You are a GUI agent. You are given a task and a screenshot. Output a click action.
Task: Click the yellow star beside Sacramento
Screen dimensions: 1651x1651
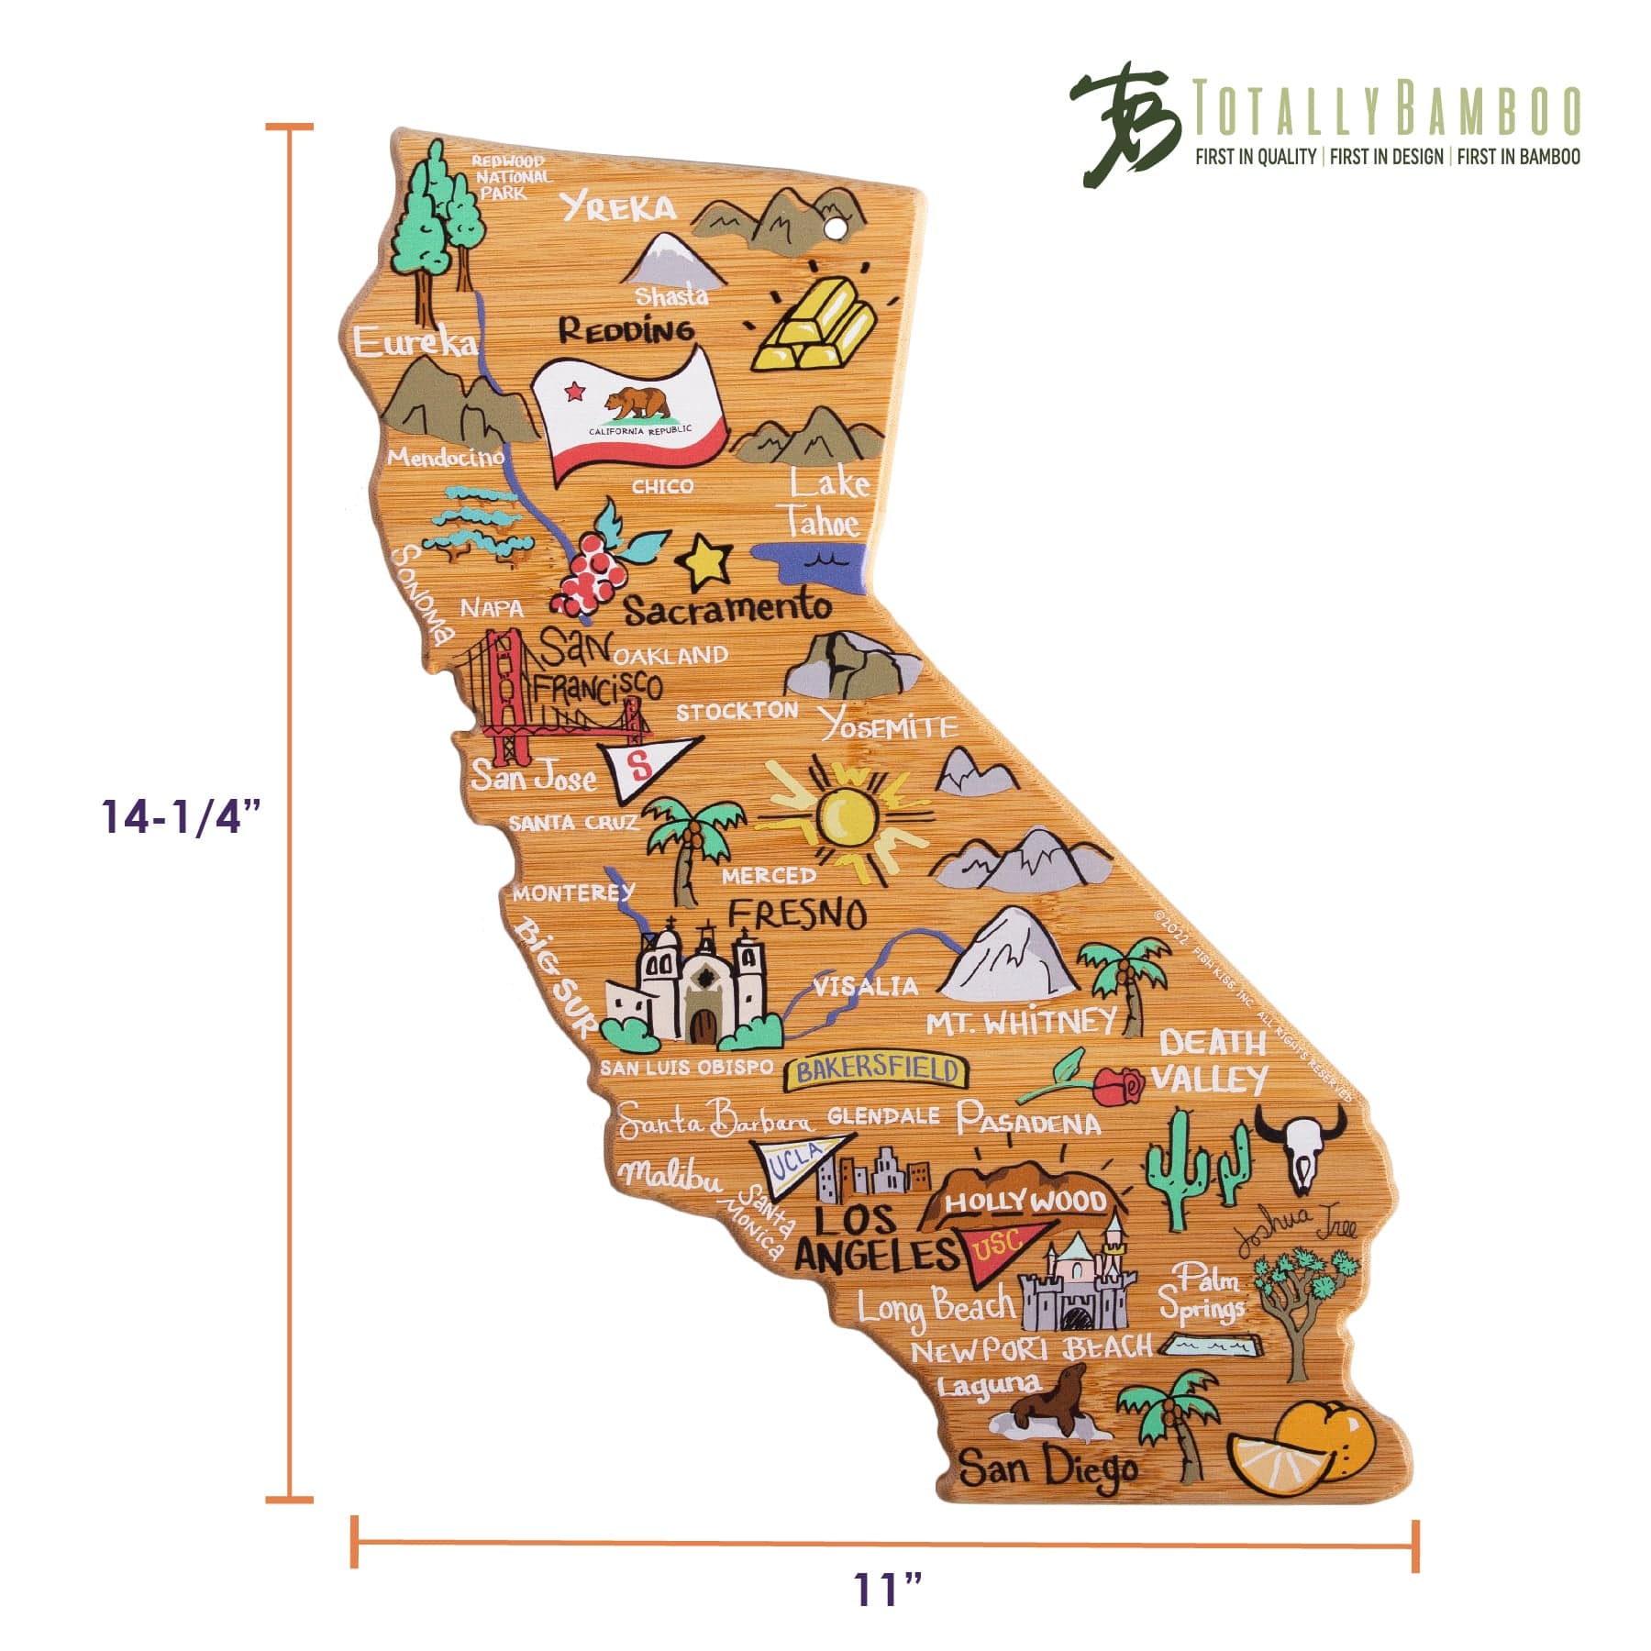pyautogui.click(x=704, y=562)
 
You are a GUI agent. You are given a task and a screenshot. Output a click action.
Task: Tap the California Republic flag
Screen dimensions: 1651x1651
pyautogui.click(x=630, y=415)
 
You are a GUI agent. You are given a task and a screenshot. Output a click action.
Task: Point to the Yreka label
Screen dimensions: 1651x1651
pyautogui.click(x=619, y=208)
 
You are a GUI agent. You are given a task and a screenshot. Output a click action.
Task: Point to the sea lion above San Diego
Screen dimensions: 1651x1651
pyautogui.click(x=1048, y=1413)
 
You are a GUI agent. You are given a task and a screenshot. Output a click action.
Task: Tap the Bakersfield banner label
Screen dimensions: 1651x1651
pyautogui.click(x=878, y=1070)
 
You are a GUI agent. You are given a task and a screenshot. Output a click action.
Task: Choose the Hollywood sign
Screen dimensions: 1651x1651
pyautogui.click(x=1025, y=1202)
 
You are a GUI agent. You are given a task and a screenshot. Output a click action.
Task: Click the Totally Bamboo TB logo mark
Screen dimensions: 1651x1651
pyautogui.click(x=1125, y=128)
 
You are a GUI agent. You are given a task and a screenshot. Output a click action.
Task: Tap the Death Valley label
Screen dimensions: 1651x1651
pyautogui.click(x=1211, y=1061)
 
